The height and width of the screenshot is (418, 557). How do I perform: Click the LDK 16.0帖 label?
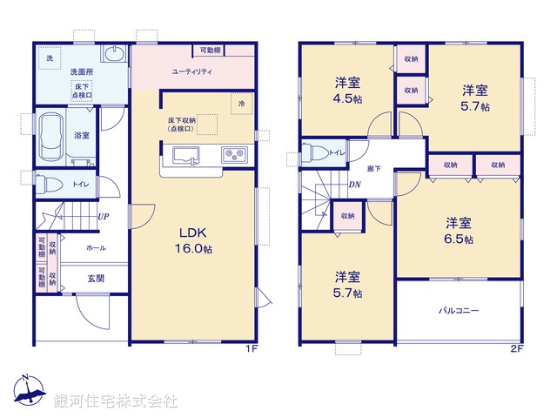pos(195,241)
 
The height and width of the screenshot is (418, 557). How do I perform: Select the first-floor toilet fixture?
pos(51,184)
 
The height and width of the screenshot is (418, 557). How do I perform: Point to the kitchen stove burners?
pos(234,156)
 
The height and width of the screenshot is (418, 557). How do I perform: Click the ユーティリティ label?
pos(192,71)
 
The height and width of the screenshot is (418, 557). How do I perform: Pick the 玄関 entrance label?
pos(96,279)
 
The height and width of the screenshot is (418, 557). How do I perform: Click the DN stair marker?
pos(355,185)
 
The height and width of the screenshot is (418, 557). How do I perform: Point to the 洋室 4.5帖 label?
pos(348,90)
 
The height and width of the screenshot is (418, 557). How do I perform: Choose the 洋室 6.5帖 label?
pos(459,229)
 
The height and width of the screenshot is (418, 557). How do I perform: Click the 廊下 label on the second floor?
pos(373,168)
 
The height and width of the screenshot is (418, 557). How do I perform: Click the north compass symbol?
pos(28,391)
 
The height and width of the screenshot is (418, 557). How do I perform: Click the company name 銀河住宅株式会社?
pos(115,401)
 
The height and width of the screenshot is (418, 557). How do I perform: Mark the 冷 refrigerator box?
pos(241,104)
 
